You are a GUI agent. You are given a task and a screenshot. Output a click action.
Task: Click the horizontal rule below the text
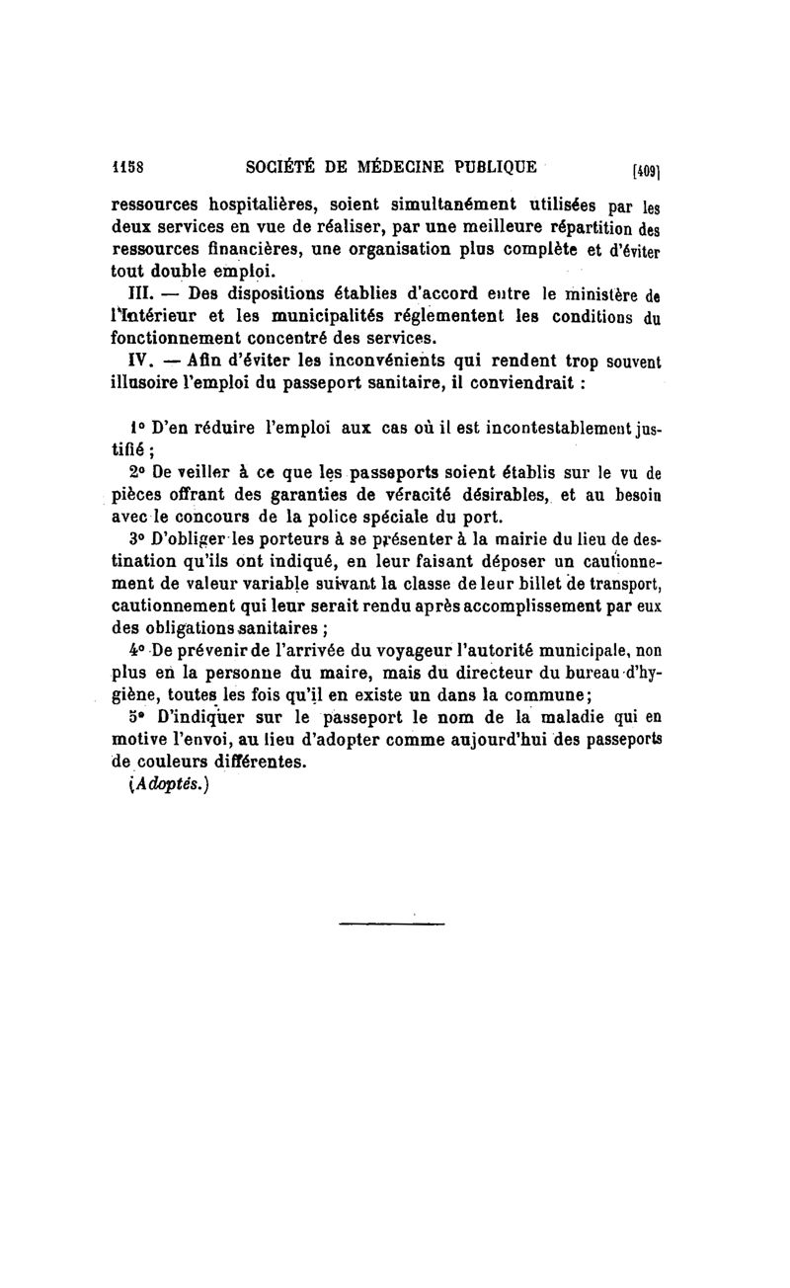tap(391, 924)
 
